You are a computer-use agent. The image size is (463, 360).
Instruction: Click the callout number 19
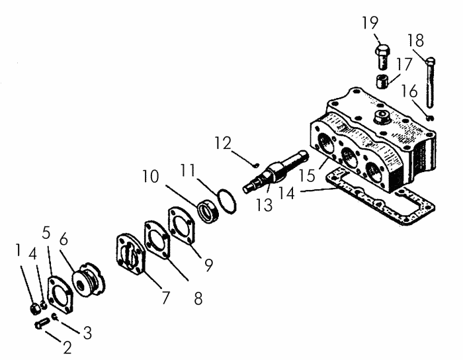(x=370, y=23)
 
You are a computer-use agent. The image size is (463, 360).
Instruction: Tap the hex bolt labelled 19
(x=382, y=57)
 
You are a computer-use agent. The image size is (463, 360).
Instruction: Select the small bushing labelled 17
(x=382, y=81)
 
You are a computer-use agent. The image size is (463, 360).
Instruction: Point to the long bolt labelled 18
(x=431, y=82)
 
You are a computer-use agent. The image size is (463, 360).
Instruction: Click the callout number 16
(x=409, y=91)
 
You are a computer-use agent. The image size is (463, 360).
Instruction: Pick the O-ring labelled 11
(x=227, y=201)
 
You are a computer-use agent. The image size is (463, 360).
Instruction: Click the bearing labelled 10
(x=208, y=211)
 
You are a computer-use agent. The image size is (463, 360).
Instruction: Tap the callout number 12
(x=223, y=143)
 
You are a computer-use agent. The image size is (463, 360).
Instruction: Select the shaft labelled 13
(x=274, y=171)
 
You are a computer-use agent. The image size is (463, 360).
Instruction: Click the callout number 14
(x=286, y=194)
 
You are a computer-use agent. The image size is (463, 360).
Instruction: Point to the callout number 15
(x=307, y=176)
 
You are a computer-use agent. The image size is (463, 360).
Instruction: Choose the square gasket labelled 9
(x=181, y=226)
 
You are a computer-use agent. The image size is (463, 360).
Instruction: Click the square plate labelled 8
(x=157, y=240)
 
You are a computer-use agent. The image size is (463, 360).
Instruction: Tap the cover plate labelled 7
(x=131, y=254)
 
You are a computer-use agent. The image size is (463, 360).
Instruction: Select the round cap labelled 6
(x=89, y=279)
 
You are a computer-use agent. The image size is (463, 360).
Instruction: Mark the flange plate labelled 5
(x=60, y=294)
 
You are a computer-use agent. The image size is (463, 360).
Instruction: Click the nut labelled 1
(x=35, y=308)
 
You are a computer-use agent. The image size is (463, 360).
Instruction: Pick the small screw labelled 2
(x=42, y=322)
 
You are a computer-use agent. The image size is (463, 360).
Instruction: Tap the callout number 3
(x=87, y=333)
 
